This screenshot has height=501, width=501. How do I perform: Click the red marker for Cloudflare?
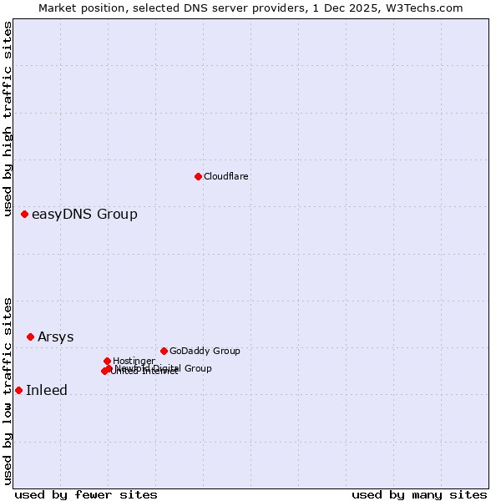198,176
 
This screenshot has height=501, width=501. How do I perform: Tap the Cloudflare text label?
226,176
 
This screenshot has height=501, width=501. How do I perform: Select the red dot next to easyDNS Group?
24,215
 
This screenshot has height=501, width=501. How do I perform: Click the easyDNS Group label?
84,215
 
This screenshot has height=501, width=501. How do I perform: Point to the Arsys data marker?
30,337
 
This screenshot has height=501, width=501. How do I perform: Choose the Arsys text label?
55,337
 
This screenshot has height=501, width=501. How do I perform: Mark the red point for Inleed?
18,390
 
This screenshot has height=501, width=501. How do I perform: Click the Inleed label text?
47,391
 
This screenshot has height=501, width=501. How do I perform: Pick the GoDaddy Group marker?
164,351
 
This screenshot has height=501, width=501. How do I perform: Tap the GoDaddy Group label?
205,352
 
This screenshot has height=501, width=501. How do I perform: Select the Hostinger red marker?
107,361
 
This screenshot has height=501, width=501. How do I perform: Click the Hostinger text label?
134,361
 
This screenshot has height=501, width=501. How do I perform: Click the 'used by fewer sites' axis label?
86,495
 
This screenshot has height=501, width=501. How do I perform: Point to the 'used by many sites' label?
419,495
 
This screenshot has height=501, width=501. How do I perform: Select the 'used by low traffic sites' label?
8,391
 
